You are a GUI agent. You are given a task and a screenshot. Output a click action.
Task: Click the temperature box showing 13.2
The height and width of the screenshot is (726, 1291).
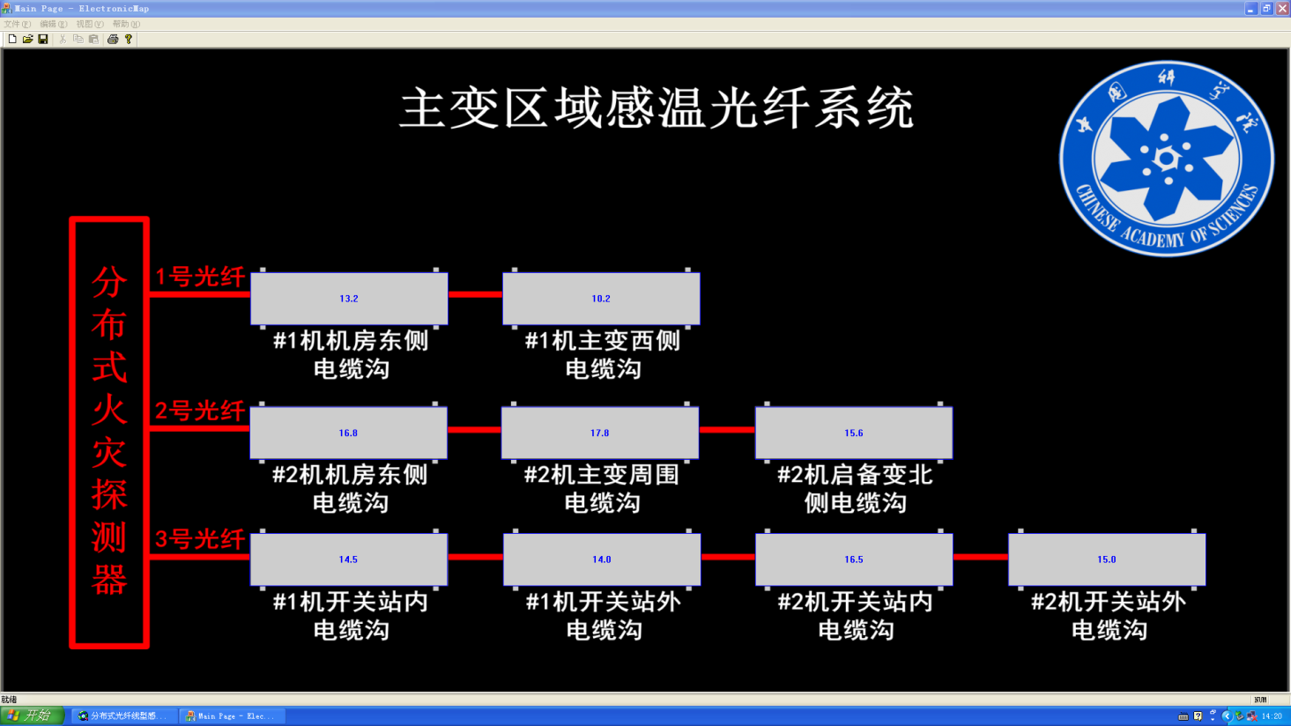point(349,299)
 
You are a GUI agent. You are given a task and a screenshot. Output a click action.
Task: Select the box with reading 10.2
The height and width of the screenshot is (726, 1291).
point(601,299)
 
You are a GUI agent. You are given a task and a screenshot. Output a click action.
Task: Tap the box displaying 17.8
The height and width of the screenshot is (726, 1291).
point(600,433)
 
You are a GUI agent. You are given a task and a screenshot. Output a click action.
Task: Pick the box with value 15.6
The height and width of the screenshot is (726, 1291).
point(853,433)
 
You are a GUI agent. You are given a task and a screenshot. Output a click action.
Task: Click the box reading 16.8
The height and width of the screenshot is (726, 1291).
point(348,433)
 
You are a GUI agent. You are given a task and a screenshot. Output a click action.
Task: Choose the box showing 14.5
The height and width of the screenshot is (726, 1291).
point(348,559)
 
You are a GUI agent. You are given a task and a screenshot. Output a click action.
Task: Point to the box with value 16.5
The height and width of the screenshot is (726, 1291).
point(854,559)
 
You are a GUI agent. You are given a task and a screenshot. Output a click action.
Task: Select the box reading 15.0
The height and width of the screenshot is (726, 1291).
point(1107,559)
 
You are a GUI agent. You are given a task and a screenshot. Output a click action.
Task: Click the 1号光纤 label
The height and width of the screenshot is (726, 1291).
point(200,277)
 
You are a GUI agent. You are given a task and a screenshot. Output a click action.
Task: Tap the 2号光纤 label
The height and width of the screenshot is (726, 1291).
point(200,411)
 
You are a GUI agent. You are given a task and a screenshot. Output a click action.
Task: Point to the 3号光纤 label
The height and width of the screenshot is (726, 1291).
point(200,538)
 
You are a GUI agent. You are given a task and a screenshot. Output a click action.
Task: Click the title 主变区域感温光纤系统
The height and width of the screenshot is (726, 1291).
point(657,108)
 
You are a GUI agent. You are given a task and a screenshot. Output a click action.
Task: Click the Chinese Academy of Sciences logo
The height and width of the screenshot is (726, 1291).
point(1166,159)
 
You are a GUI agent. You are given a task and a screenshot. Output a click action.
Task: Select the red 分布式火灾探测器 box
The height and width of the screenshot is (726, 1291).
point(109,432)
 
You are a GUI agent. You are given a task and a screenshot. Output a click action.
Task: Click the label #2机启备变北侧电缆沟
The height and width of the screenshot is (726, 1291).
point(855,488)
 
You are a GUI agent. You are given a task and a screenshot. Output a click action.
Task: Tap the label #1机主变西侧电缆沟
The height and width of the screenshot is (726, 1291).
point(603,354)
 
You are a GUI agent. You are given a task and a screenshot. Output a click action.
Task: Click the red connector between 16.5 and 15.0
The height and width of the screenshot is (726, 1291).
point(980,557)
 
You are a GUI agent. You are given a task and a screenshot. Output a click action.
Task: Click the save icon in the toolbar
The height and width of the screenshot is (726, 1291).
point(43,39)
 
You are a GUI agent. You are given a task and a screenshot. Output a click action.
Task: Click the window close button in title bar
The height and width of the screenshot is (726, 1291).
point(1281,8)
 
